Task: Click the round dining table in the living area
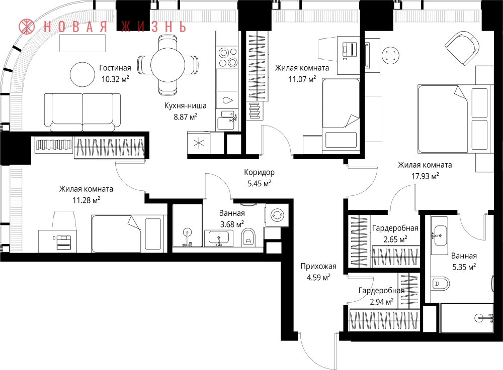(x=167, y=65)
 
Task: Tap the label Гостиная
(x=115, y=68)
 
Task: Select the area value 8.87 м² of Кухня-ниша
(x=186, y=116)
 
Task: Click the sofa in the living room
(x=82, y=112)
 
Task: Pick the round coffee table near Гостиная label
(x=82, y=74)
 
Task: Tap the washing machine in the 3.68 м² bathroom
(x=276, y=215)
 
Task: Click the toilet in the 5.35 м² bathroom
(x=440, y=284)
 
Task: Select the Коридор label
(x=259, y=173)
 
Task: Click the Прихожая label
(x=318, y=266)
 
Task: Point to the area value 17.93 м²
(x=425, y=176)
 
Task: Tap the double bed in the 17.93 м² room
(x=455, y=119)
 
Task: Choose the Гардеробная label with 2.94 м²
(x=381, y=291)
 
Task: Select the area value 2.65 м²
(x=395, y=239)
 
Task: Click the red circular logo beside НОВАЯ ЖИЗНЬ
(x=26, y=27)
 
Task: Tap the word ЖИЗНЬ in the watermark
(x=153, y=27)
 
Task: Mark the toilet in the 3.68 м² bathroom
(x=248, y=237)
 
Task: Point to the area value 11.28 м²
(x=87, y=200)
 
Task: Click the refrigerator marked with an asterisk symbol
(x=199, y=143)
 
